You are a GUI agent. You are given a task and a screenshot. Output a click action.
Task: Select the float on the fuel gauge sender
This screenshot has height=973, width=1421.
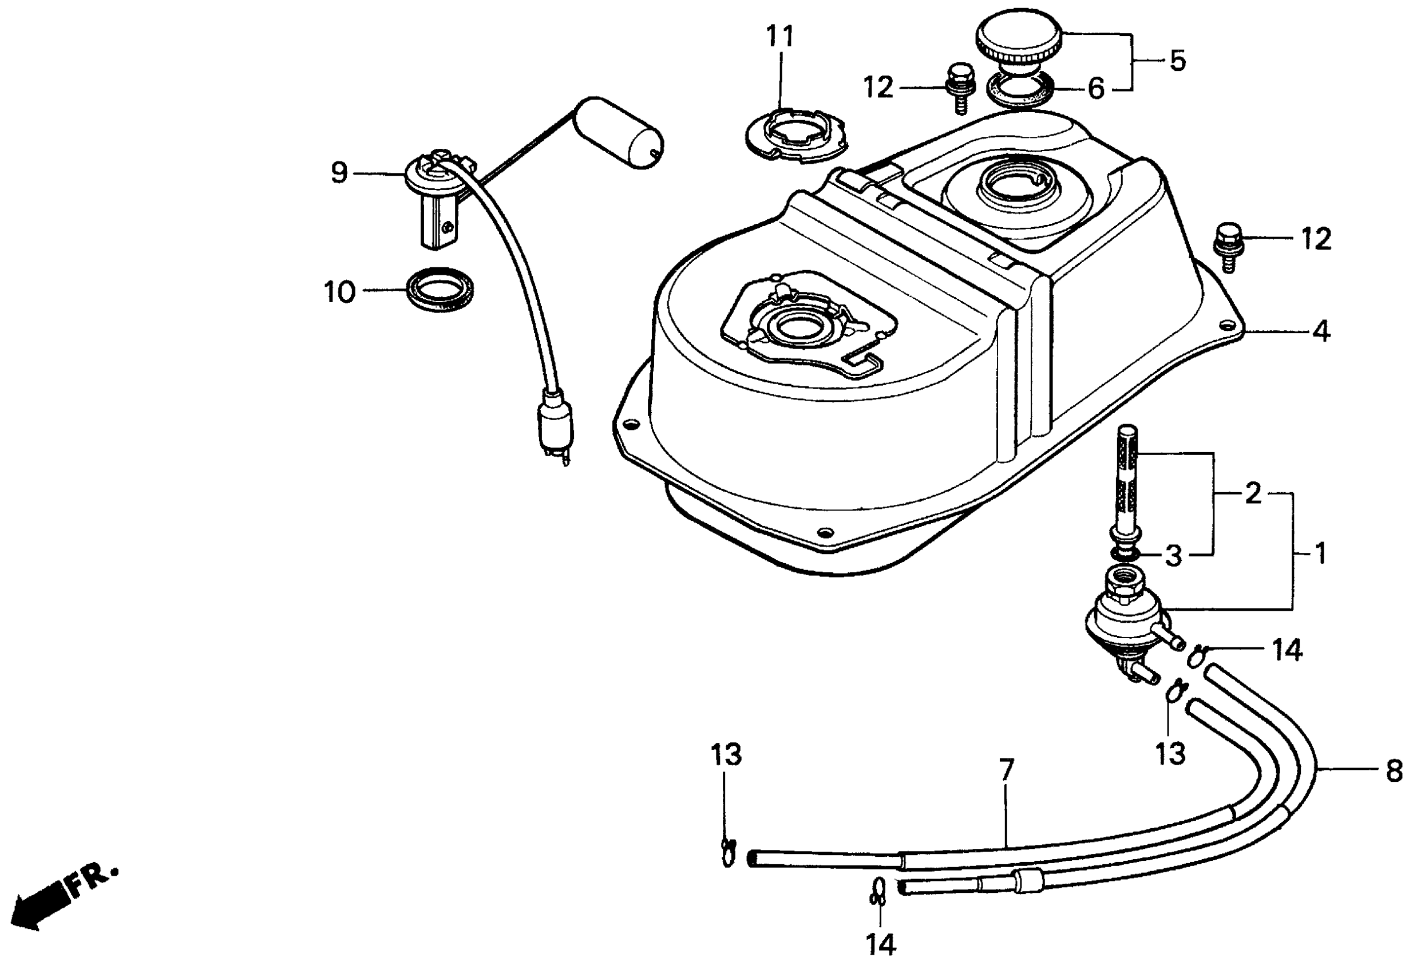[620, 133]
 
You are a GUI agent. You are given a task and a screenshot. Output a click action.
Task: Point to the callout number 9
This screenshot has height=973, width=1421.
[339, 173]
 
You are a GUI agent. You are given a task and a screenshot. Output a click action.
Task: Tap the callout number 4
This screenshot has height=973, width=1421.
[1320, 332]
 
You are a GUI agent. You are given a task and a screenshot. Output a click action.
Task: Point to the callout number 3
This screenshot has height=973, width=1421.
[1173, 556]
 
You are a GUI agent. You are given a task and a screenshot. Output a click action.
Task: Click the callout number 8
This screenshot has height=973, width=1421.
[1394, 772]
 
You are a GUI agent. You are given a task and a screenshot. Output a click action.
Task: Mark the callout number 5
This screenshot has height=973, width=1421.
[1177, 61]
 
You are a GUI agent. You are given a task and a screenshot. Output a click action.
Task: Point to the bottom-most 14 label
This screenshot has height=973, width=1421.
[881, 945]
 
